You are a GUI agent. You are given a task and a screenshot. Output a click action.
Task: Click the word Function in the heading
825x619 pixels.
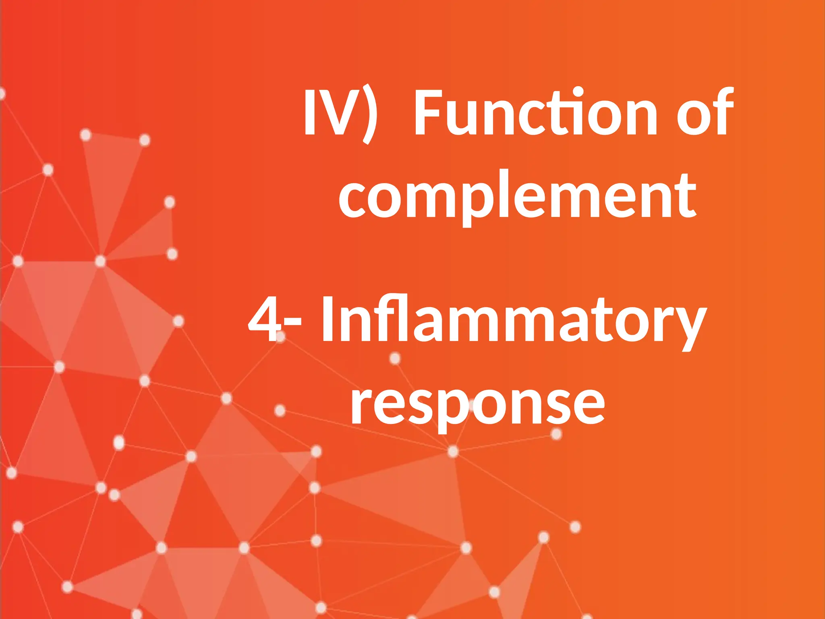point(535,112)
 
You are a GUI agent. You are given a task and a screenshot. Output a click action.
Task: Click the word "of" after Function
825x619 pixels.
point(705,112)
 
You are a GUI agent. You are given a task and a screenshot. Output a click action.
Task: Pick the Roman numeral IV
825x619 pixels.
point(324,112)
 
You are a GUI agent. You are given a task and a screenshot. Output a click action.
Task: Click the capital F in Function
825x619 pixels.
point(429,112)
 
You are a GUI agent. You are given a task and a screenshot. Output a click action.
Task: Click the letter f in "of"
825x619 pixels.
point(723,111)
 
